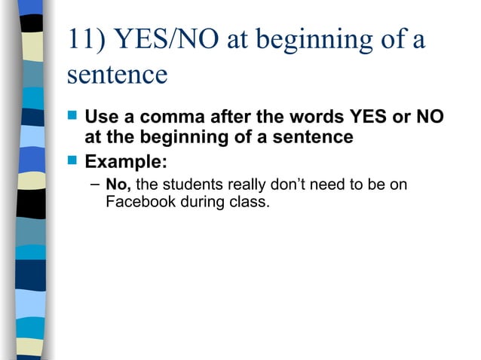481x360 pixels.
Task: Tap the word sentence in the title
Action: pos(117,75)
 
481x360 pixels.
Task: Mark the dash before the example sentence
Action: pos(93,184)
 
